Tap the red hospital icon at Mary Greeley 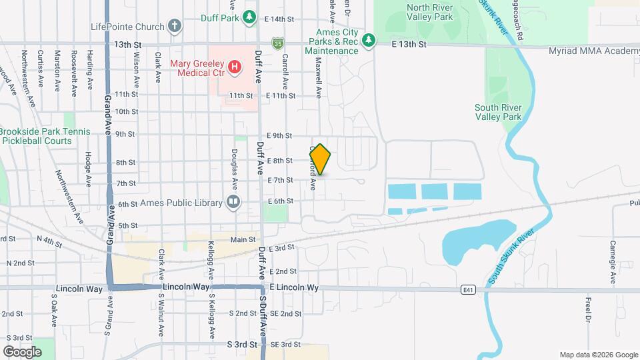234,66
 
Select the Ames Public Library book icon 233,202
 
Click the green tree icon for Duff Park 249,17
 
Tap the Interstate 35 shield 276,44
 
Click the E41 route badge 467,289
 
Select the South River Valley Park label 497,112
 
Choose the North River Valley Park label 429,12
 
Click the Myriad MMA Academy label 593,51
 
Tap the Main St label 243,239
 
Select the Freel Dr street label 589,310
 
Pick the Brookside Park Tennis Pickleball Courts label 44,136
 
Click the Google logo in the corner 22,351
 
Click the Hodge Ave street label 88,168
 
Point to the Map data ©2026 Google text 598,355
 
